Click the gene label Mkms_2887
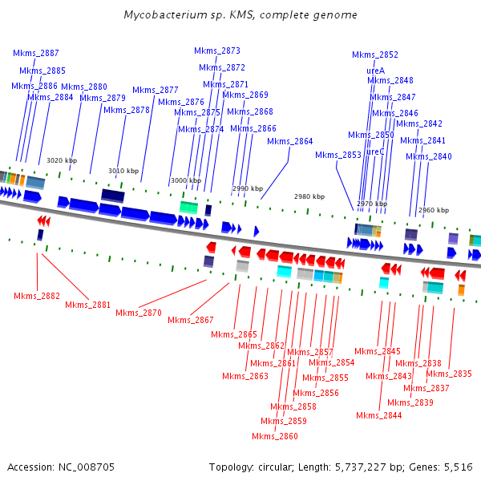35,53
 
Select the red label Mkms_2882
37,296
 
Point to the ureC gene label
375,152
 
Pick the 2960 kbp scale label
434,210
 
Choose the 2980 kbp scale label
309,196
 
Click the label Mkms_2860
275,436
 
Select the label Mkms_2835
449,374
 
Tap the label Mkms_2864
289,141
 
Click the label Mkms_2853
338,155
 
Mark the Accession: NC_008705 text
60,467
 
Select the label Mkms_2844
379,415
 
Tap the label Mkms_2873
217,51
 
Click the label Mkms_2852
375,55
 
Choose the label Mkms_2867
191,320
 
